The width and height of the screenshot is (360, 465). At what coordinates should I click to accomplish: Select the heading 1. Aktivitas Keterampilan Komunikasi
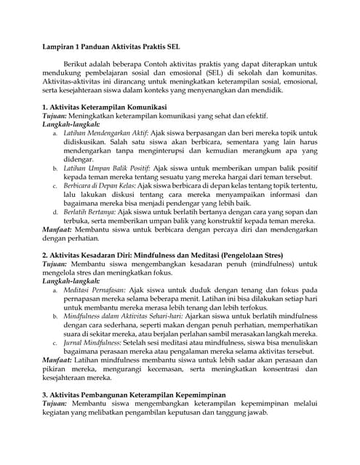[x=106, y=107]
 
